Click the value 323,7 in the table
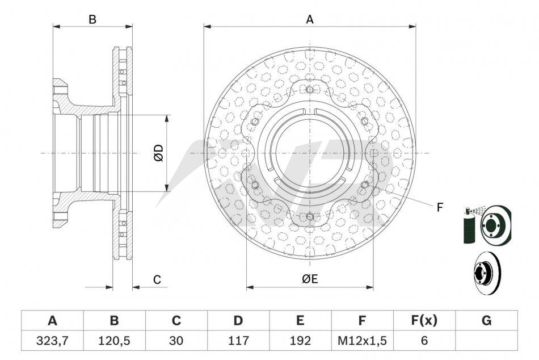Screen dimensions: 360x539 tap(52, 340)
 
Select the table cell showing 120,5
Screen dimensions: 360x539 tap(114, 340)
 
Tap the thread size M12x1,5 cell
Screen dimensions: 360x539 tap(362, 340)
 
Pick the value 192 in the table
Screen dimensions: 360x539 tap(300, 340)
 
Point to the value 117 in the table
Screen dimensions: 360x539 tap(238, 340)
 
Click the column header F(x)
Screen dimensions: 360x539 tap(424, 321)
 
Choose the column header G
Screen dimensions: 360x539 tap(486, 321)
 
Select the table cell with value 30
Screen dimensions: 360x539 tap(176, 340)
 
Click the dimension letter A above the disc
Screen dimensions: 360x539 tap(310, 19)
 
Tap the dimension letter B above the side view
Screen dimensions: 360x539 tap(92, 19)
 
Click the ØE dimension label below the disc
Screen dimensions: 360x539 tap(310, 278)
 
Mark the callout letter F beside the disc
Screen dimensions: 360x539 tap(440, 207)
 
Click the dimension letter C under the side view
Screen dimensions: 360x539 tap(157, 279)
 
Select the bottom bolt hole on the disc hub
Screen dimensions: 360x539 tap(310, 216)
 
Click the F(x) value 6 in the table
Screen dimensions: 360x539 tap(424, 340)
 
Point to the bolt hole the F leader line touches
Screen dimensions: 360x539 tap(365, 185)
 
